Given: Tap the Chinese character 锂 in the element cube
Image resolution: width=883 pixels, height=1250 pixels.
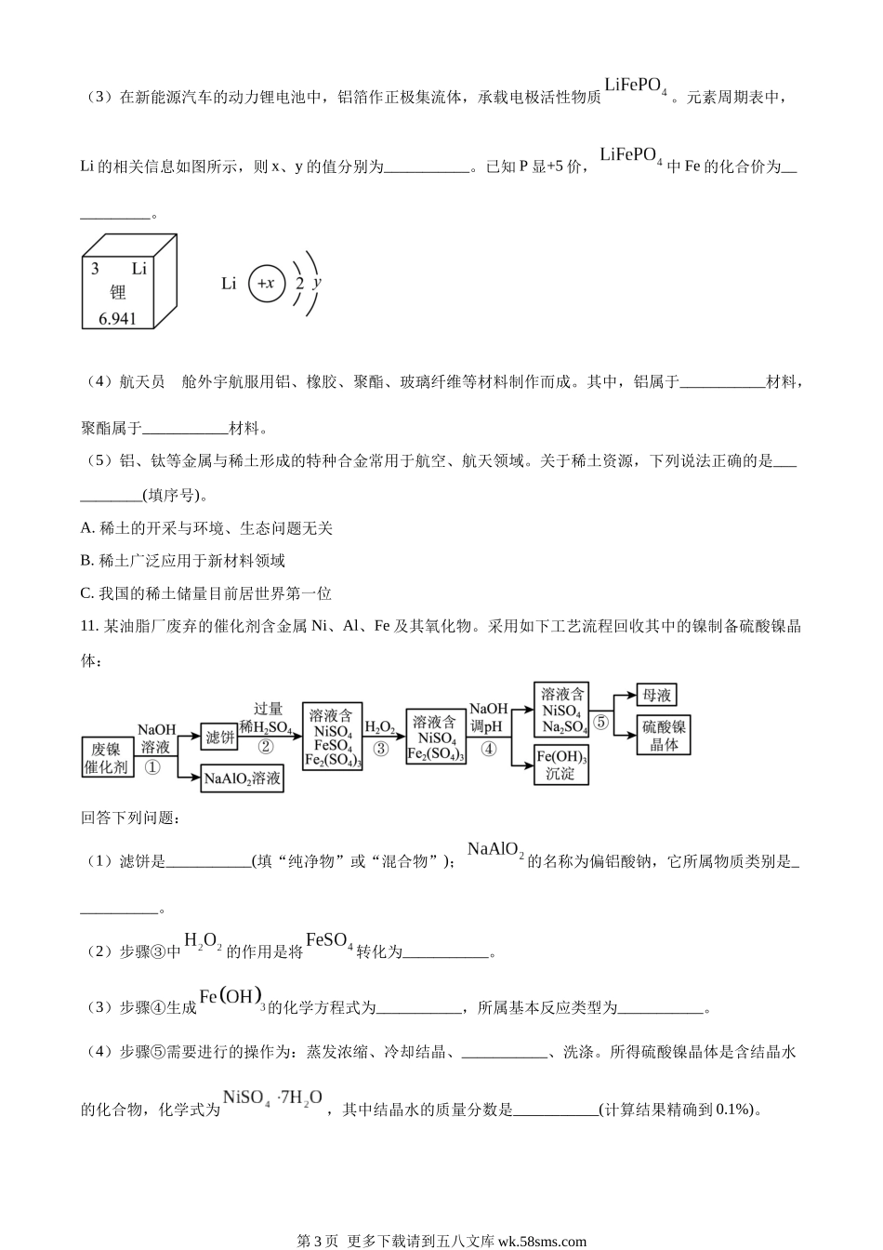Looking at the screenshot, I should (x=117, y=293).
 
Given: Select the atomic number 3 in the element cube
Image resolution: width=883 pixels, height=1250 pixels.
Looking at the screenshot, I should (x=95, y=269).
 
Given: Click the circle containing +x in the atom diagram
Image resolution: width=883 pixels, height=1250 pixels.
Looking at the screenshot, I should (x=266, y=283).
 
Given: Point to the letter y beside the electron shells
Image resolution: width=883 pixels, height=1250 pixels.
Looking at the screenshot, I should (x=317, y=281).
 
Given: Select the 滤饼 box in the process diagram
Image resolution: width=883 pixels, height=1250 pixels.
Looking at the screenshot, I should (x=220, y=737).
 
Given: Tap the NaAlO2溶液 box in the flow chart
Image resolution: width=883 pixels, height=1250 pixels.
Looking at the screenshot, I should (x=243, y=779).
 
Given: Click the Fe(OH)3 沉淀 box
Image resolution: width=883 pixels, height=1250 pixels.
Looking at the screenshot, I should (x=561, y=765).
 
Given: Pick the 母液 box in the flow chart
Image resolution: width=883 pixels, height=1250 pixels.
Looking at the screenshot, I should (x=656, y=695).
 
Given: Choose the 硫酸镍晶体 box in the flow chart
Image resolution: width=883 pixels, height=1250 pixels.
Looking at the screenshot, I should (x=665, y=735).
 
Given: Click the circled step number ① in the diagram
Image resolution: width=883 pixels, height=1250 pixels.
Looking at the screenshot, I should (x=153, y=767).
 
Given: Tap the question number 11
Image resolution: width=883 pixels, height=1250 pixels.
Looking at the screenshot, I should (x=89, y=627).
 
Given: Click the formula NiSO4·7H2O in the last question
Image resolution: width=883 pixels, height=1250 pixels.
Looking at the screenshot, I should (x=272, y=1098).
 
